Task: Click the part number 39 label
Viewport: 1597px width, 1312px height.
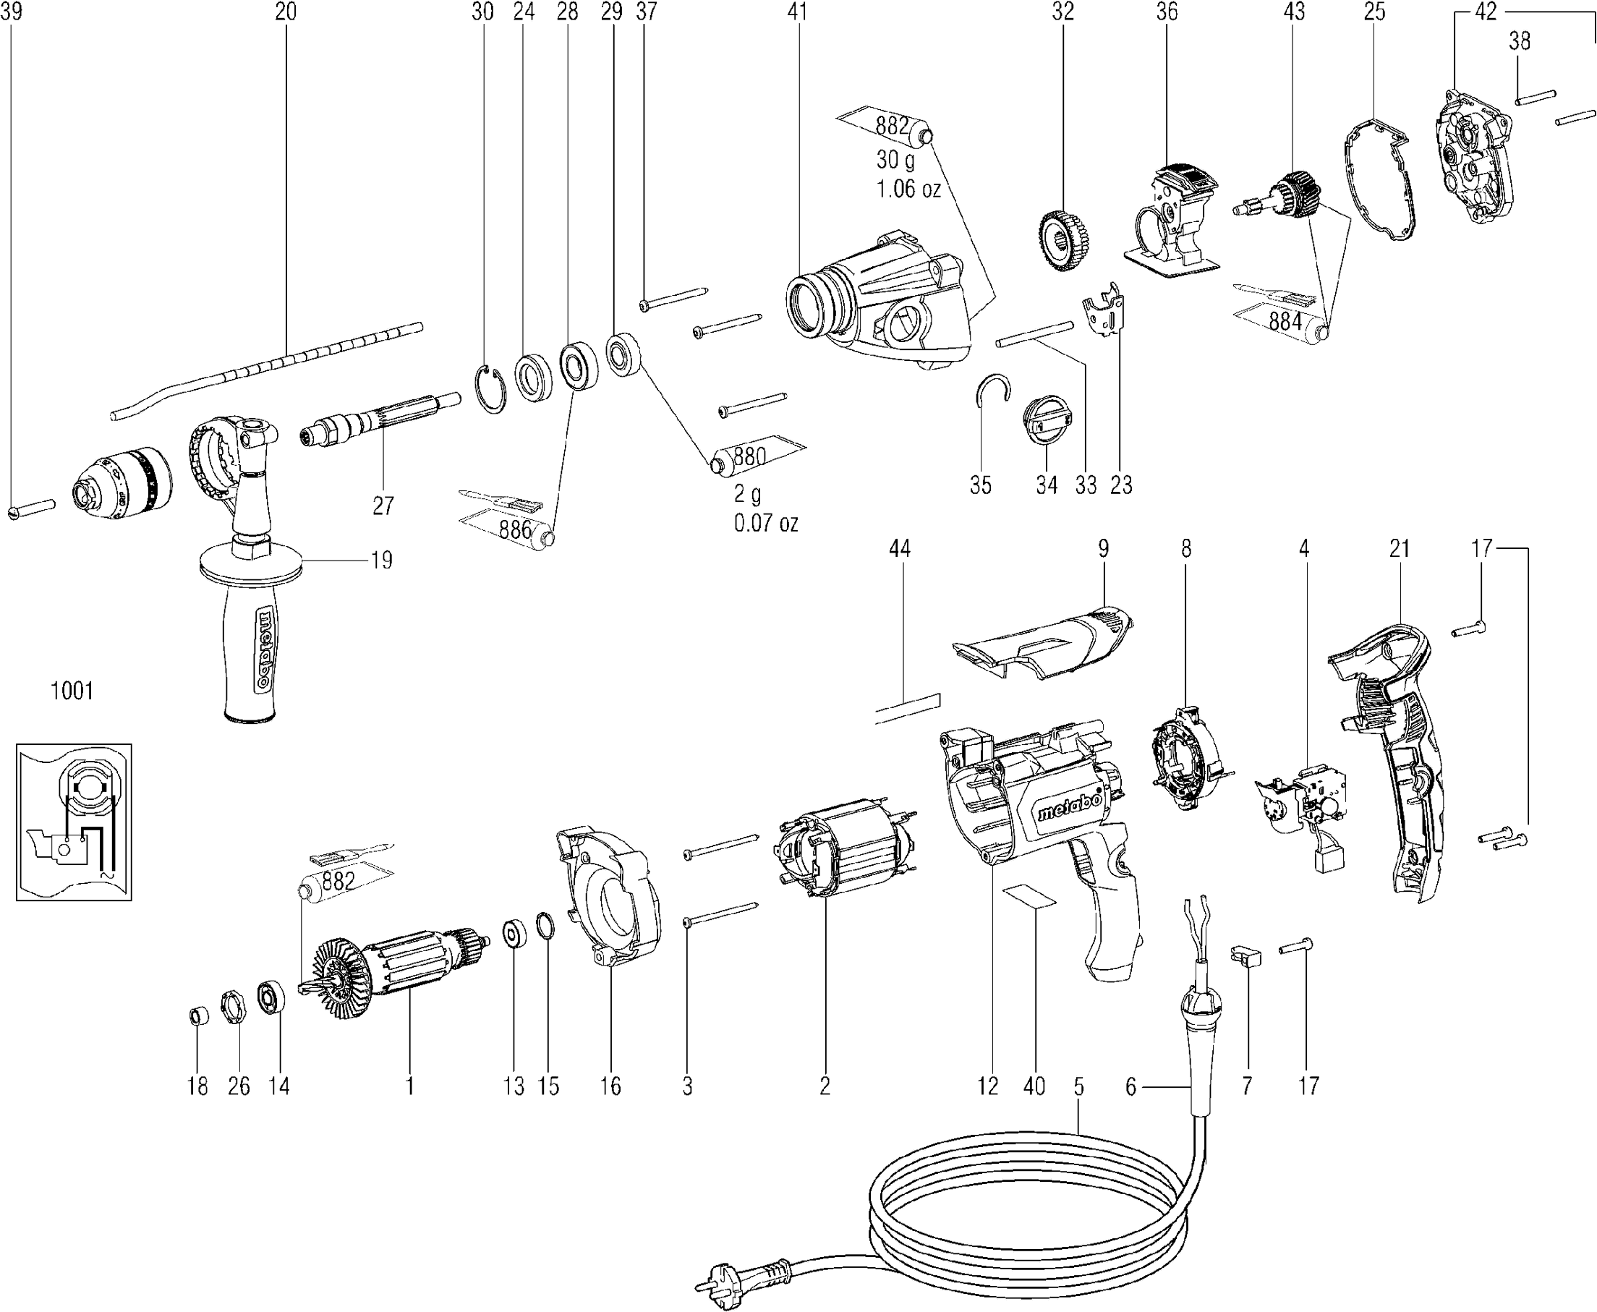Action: click(12, 12)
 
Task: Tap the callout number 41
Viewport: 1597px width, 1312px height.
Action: click(797, 12)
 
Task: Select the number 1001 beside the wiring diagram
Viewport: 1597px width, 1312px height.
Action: click(72, 691)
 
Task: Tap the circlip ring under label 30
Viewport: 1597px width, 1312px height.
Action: click(492, 388)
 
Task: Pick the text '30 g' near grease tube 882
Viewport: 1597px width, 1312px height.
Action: click(895, 161)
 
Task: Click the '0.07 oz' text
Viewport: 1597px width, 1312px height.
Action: click(766, 523)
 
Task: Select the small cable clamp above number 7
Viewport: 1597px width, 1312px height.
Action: click(1246, 956)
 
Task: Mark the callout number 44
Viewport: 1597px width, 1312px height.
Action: click(900, 549)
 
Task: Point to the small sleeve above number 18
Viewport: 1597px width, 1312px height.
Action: click(198, 1015)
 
